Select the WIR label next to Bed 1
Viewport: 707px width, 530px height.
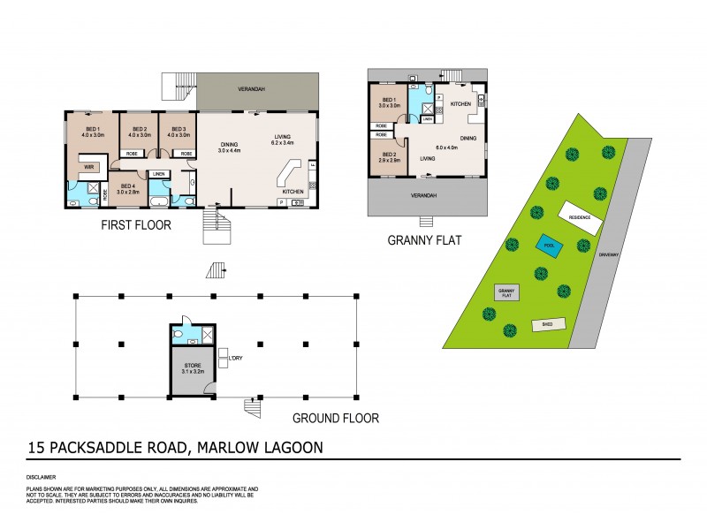pos(89,165)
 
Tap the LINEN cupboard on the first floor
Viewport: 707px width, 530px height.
pos(159,174)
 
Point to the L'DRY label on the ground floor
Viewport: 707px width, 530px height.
pos(236,357)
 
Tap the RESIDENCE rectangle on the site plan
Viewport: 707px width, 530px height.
pos(579,215)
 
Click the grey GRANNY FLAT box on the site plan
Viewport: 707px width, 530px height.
pos(506,292)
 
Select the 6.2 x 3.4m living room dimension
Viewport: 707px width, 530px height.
pos(287,141)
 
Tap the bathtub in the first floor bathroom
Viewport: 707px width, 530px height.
pos(80,203)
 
